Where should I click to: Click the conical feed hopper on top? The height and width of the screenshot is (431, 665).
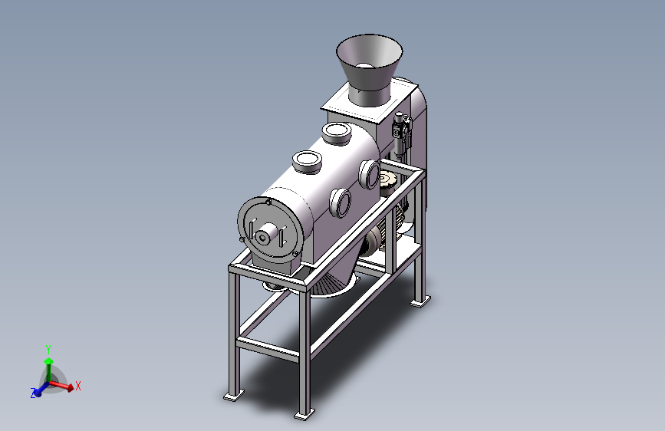point(369,68)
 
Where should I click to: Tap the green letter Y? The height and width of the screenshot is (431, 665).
point(48,350)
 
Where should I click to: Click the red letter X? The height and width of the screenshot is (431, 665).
point(77,386)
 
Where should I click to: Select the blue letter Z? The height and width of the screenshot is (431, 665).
point(33,393)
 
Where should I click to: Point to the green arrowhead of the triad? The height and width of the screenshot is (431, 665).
point(49,361)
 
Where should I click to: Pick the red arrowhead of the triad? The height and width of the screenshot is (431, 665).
point(71,387)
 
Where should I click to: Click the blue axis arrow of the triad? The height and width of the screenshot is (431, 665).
point(42,390)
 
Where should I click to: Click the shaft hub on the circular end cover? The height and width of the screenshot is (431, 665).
point(264,236)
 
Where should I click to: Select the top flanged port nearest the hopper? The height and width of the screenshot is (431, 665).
point(336,133)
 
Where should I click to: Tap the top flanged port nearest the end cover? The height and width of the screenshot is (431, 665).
point(307,162)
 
